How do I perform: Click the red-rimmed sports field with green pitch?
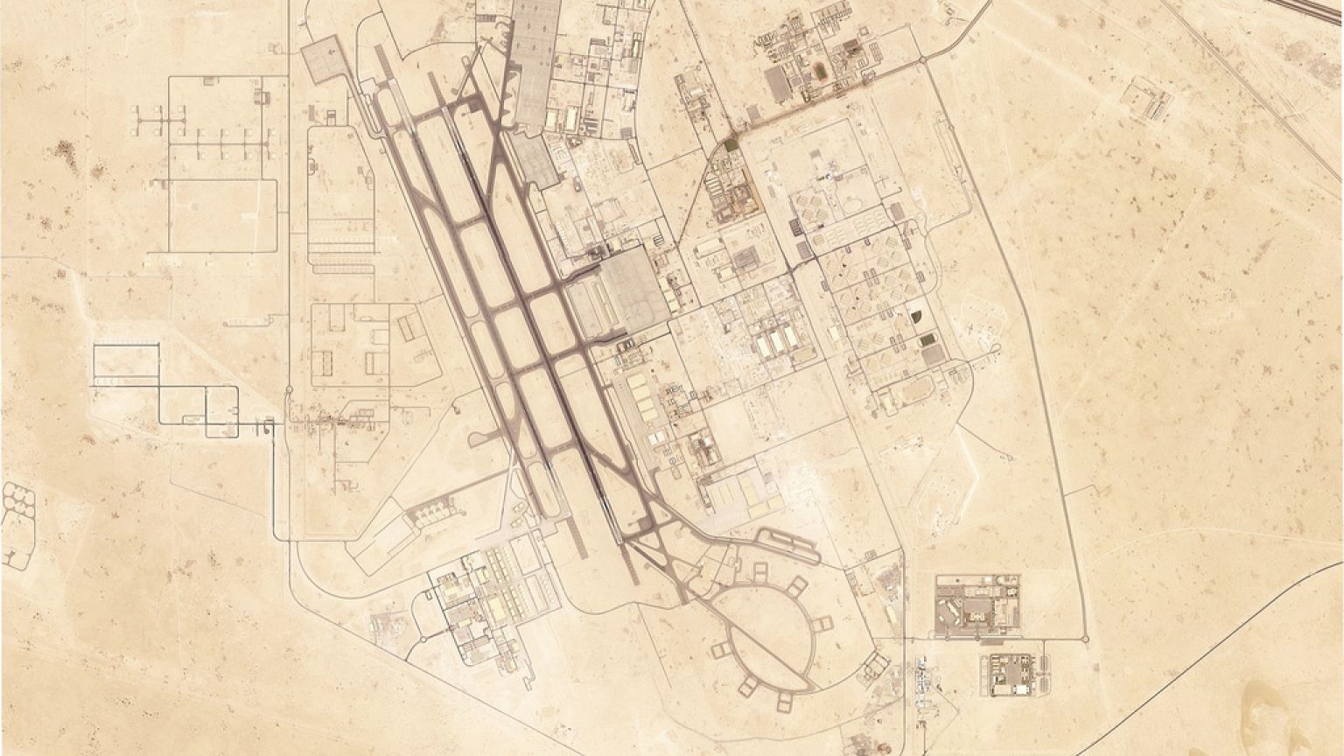(820, 70)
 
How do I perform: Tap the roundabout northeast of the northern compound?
(922, 59)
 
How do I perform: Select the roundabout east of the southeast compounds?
(1086, 639)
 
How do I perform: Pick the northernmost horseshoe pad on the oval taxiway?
(759, 571)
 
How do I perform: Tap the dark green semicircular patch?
(916, 316)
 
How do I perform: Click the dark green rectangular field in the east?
(926, 339)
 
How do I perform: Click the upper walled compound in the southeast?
(977, 604)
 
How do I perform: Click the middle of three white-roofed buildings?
(776, 342)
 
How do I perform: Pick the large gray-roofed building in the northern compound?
(777, 84)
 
